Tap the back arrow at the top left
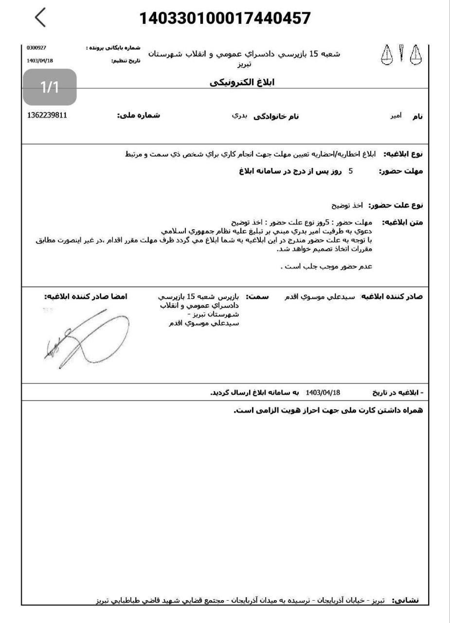point(41,18)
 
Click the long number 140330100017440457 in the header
point(225,18)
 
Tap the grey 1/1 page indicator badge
point(50,87)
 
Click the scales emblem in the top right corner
point(400,55)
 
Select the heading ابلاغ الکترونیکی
point(242,82)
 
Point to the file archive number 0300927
point(36,48)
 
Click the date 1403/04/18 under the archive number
point(39,61)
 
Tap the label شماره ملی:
point(138,116)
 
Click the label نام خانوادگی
point(276,116)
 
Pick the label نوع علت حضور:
point(396,205)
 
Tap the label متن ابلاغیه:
point(402,222)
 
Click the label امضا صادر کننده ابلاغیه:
point(86,296)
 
